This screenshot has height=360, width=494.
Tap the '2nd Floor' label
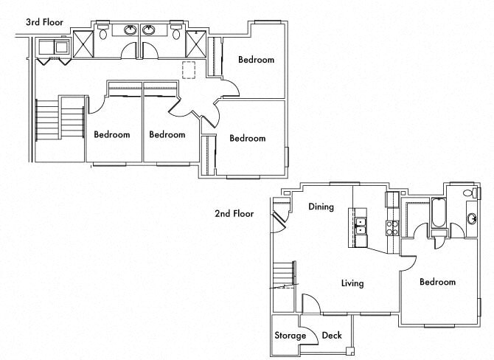[234, 214]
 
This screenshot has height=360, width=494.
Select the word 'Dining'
[321, 207]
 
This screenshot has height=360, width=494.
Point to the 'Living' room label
[352, 283]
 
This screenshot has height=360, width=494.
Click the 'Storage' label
[291, 336]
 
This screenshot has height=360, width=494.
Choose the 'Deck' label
[332, 336]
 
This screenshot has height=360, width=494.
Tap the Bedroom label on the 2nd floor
[437, 282]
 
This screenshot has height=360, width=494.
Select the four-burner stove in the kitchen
[392, 227]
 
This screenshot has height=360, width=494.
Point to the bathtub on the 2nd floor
[438, 213]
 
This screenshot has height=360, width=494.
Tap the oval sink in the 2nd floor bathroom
[472, 219]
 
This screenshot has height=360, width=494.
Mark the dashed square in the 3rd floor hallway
[189, 70]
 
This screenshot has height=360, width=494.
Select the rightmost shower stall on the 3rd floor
[197, 43]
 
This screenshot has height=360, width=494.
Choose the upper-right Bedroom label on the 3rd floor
[256, 60]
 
